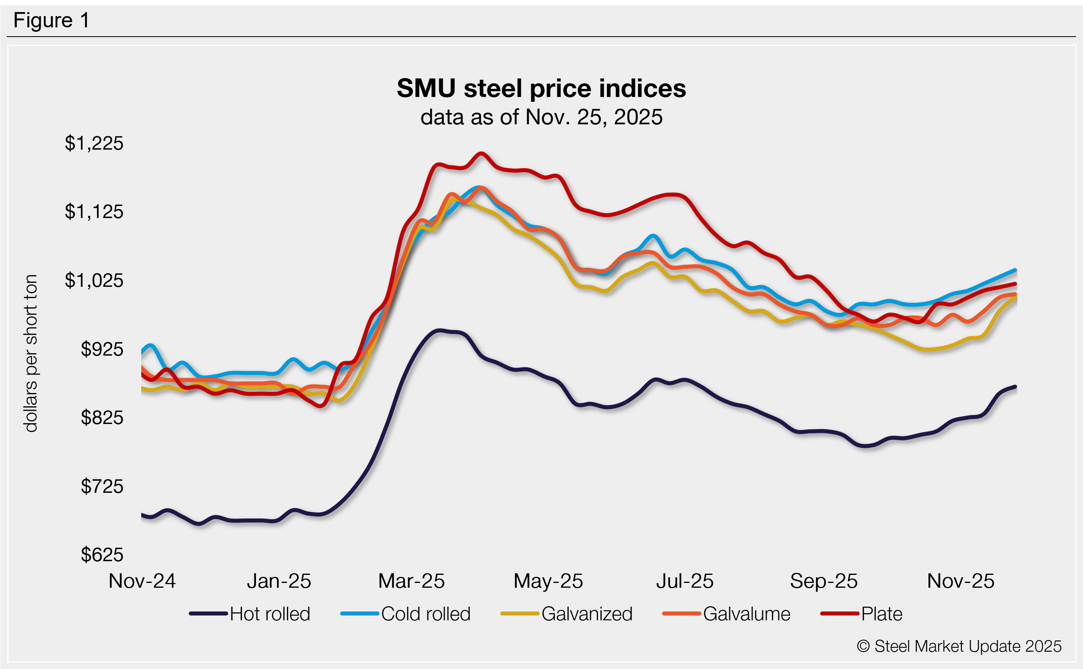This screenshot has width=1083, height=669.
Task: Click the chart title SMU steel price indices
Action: coord(541,89)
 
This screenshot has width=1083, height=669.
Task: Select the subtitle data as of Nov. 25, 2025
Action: coord(541,117)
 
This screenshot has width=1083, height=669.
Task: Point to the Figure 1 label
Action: coord(52,21)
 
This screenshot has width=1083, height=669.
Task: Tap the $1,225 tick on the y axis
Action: coord(94,143)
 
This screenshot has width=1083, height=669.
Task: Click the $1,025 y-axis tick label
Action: coord(94,280)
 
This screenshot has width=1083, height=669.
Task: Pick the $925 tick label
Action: coord(102,349)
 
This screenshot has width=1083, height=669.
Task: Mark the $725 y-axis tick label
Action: coord(102,486)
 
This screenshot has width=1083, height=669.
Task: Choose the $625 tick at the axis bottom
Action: coord(102,555)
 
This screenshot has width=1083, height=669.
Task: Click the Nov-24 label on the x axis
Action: coord(142,581)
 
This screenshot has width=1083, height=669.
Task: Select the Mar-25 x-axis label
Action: coord(411,581)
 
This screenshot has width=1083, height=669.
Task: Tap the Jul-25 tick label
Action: coord(685,581)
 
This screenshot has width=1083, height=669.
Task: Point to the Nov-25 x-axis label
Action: coord(960,581)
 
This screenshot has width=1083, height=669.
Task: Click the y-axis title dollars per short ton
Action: coord(31,353)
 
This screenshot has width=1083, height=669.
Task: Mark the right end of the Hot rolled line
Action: coord(1015,387)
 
